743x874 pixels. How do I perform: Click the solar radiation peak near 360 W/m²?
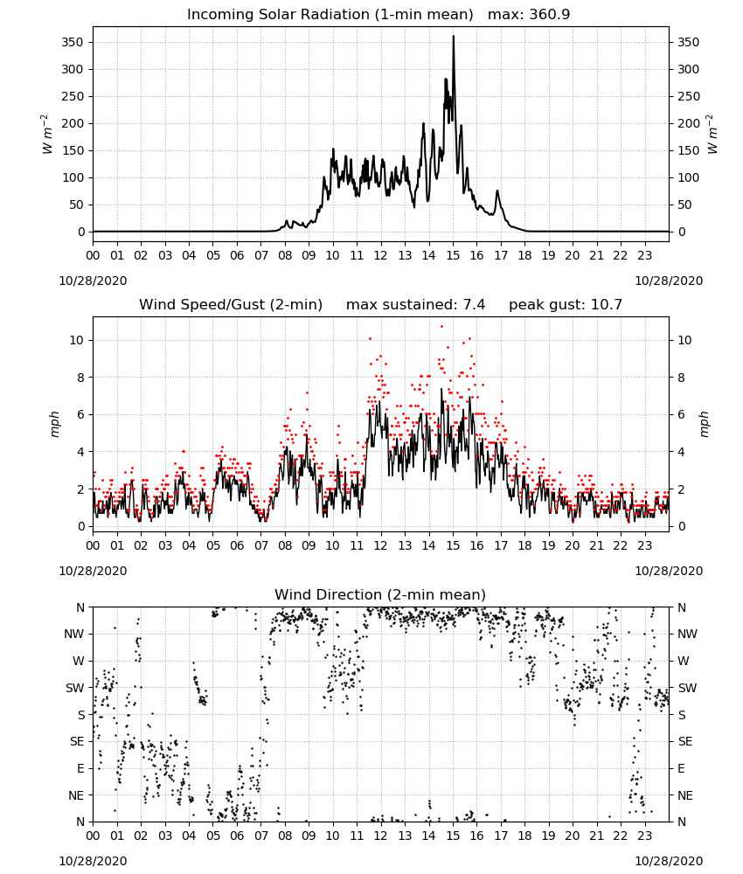coord(453,37)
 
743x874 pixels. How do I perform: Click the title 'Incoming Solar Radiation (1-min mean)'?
coord(330,14)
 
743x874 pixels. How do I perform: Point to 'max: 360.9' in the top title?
coord(529,14)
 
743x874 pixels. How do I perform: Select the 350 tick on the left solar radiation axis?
coord(73,42)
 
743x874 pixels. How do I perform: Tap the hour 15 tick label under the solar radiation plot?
coord(453,255)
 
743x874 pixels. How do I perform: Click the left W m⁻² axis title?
coord(48,135)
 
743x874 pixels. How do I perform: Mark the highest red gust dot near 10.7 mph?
coord(442,327)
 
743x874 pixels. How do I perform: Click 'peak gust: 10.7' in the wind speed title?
coord(566,304)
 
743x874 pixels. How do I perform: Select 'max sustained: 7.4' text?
coord(415,304)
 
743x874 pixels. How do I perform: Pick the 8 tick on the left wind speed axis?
coord(80,378)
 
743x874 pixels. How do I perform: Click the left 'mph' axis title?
coord(54,424)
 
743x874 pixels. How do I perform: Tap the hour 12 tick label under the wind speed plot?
coord(381,545)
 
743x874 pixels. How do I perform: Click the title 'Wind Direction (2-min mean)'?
coord(380,594)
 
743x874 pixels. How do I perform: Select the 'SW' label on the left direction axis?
coord(74,688)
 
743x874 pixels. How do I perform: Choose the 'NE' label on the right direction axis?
coord(685,795)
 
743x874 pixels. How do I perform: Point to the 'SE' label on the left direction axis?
coord(77,741)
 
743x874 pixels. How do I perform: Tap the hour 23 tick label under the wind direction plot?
coord(645,836)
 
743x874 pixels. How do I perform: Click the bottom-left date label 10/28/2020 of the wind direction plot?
coord(93,861)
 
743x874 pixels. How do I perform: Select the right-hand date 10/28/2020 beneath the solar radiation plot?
coord(669,281)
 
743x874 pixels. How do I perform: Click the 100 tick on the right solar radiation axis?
coord(688,177)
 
